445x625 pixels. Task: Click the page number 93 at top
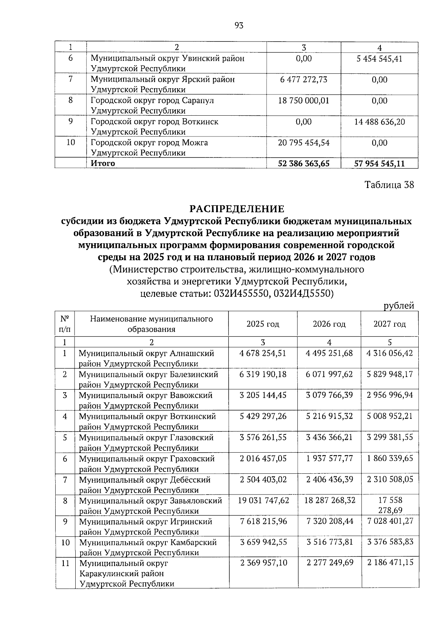click(239, 26)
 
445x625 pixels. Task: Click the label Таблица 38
click(389, 185)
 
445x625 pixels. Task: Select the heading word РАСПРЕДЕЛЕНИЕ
click(237, 209)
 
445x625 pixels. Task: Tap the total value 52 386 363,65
click(304, 163)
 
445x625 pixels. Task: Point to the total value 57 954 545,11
click(379, 163)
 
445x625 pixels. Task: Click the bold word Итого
click(103, 163)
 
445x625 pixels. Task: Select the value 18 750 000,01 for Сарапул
click(304, 100)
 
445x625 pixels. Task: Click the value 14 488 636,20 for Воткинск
click(379, 122)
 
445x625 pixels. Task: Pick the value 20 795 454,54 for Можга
click(304, 143)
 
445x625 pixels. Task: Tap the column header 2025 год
click(263, 324)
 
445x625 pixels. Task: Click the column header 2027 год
click(389, 324)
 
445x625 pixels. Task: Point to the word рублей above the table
click(399, 306)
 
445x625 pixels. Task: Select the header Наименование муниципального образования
click(151, 324)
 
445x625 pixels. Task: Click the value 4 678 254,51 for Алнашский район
click(263, 353)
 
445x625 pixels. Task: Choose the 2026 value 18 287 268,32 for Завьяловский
click(330, 500)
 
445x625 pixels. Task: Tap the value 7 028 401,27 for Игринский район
click(390, 521)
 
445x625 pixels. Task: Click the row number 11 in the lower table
click(65, 563)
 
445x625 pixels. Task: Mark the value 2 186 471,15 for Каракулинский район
click(390, 563)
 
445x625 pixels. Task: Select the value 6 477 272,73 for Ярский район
click(304, 79)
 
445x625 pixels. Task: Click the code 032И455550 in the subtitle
click(239, 294)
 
